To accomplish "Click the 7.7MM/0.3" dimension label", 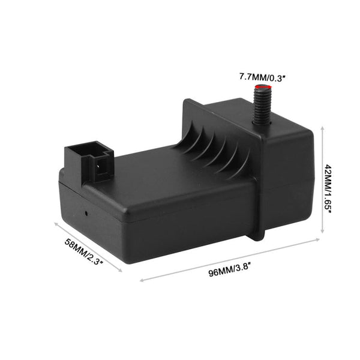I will coord(261,77).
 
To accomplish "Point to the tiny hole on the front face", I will coord(88,212).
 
